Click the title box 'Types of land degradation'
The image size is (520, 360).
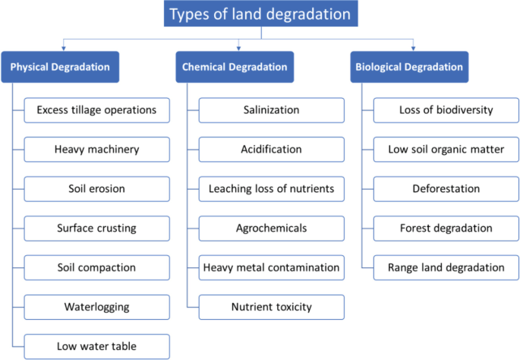click(x=260, y=14)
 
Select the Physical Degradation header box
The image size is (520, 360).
click(x=60, y=67)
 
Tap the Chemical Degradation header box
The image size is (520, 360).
click(x=235, y=67)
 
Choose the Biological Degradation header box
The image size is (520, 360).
click(x=409, y=67)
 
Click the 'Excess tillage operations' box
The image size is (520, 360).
click(x=96, y=110)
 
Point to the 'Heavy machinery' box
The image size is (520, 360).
click(x=96, y=150)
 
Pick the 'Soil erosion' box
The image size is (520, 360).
click(x=96, y=188)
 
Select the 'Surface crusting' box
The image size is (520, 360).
click(x=96, y=228)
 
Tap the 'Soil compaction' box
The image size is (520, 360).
click(x=96, y=267)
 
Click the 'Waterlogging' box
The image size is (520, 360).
click(x=96, y=307)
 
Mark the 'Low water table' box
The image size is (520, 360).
click(x=96, y=346)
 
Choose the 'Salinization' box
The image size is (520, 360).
click(x=271, y=110)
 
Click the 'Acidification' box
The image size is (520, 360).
click(x=271, y=150)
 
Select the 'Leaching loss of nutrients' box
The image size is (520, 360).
click(x=271, y=188)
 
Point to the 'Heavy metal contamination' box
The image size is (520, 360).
click(x=271, y=267)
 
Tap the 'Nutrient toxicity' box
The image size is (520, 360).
click(x=271, y=307)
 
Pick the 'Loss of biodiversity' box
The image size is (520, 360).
click(x=446, y=110)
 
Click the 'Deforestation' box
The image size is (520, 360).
click(x=446, y=188)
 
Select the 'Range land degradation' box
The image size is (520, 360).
click(x=446, y=267)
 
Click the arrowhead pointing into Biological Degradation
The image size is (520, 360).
click(x=412, y=49)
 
